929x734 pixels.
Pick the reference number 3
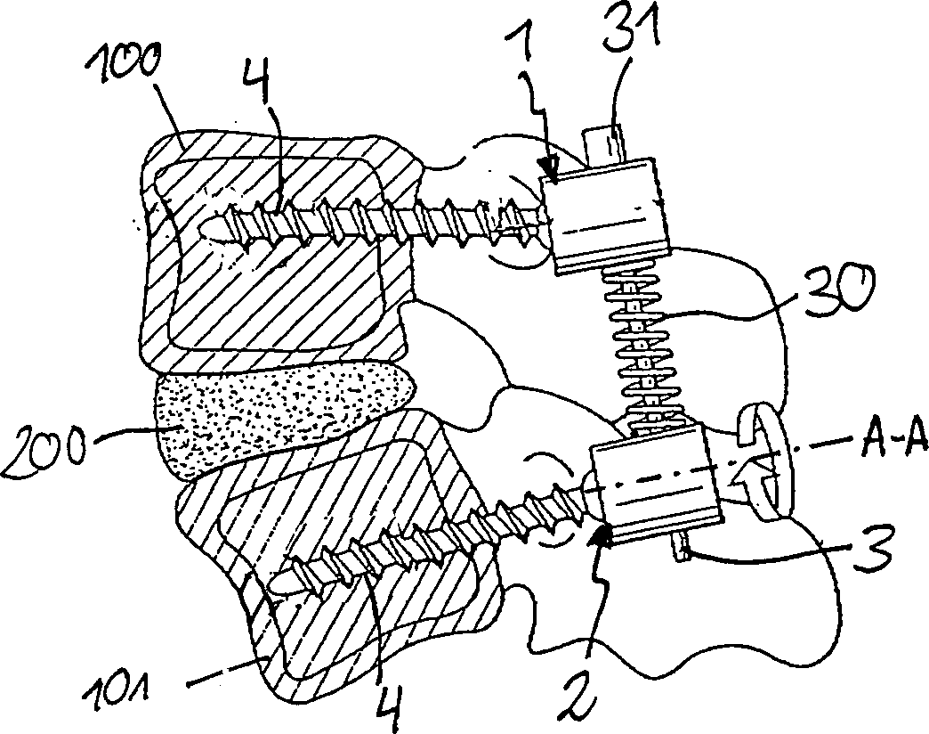[x=874, y=549]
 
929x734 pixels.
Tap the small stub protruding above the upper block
[x=603, y=144]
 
